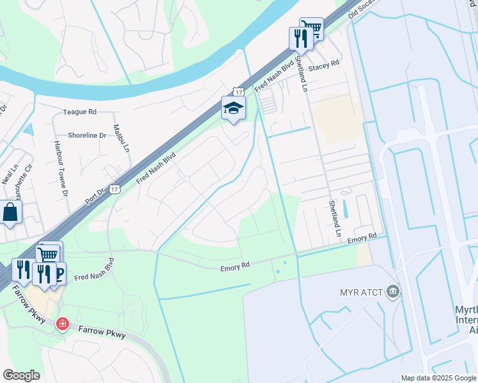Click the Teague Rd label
point(79,112)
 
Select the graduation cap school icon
point(233,108)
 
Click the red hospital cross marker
point(62,324)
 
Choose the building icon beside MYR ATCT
point(392,292)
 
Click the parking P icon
point(59,273)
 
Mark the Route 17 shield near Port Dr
point(114,189)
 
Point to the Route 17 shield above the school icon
point(238,92)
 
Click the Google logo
point(21,375)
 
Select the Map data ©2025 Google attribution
point(438,378)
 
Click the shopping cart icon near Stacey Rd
point(311,27)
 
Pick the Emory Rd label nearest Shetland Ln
point(362,238)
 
